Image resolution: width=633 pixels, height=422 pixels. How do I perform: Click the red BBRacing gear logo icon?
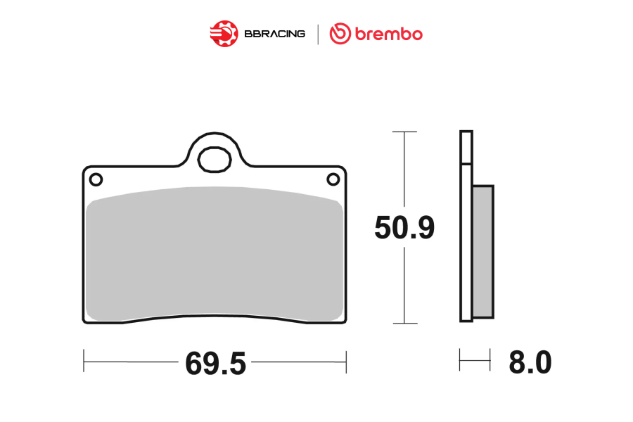coord(224,34)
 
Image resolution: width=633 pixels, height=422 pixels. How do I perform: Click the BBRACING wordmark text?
coord(274,34)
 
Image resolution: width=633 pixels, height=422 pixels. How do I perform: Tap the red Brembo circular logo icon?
coord(340,34)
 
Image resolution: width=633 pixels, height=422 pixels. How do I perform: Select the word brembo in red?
coord(389,34)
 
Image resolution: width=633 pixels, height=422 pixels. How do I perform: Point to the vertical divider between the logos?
coord(318,34)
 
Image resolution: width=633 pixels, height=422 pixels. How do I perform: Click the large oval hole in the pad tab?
coord(215,160)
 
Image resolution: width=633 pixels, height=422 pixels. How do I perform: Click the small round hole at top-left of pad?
coord(96,179)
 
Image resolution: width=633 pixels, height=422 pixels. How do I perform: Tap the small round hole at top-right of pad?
coord(333,179)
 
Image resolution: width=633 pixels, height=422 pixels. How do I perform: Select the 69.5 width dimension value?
coord(216,364)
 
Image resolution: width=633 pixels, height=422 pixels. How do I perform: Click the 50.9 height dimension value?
coord(404,227)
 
